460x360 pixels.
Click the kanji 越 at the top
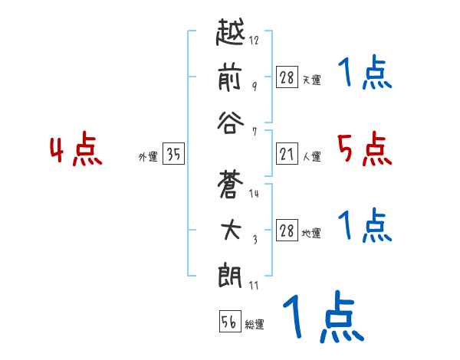230,34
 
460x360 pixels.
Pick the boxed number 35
173,155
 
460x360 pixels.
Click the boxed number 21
287,155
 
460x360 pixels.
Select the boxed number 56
229,322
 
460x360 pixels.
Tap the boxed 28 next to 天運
287,77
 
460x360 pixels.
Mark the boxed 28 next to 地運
287,231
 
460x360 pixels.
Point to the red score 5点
365,149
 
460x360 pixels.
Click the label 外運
148,157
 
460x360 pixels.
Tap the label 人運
312,157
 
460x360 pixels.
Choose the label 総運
255,324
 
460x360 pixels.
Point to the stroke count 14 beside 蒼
254,194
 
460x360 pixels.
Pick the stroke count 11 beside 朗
253,286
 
